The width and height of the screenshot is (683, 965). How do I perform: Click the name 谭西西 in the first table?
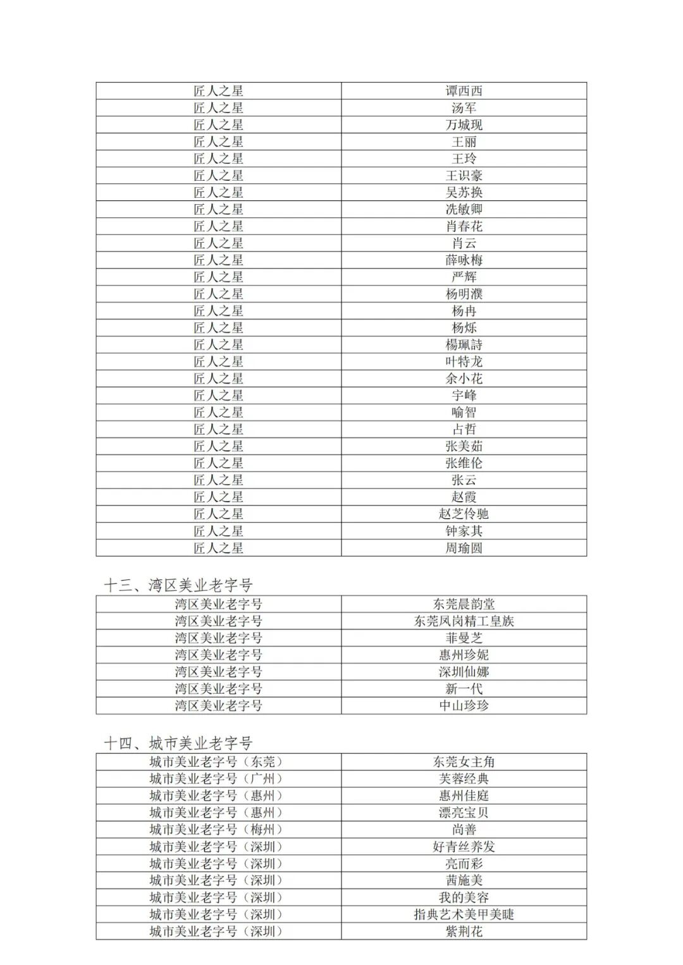[464, 91]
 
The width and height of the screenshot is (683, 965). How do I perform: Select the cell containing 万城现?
[464, 125]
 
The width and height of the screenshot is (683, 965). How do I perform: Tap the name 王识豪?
[464, 176]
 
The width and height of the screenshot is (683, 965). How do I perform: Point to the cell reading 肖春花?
[464, 226]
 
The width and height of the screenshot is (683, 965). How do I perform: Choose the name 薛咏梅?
[464, 260]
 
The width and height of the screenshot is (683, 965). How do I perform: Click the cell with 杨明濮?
[464, 294]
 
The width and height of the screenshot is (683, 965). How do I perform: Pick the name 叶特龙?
[464, 361]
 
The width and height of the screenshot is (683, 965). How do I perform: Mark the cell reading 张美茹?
[464, 446]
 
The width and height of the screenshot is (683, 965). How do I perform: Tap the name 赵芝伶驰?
[464, 514]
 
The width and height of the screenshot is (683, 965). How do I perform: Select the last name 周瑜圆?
[464, 548]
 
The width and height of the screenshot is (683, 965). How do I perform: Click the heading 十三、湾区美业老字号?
[178, 585]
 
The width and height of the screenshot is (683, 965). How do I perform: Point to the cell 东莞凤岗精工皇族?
[464, 621]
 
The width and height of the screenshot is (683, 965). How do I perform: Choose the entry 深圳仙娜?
[464, 672]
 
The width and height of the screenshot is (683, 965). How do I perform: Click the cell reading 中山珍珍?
[464, 706]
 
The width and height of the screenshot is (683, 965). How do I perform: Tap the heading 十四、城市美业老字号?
[178, 743]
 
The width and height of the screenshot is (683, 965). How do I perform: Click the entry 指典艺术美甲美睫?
[464, 914]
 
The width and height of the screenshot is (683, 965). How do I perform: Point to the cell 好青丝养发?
[464, 847]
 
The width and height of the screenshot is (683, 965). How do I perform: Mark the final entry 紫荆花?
[464, 932]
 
